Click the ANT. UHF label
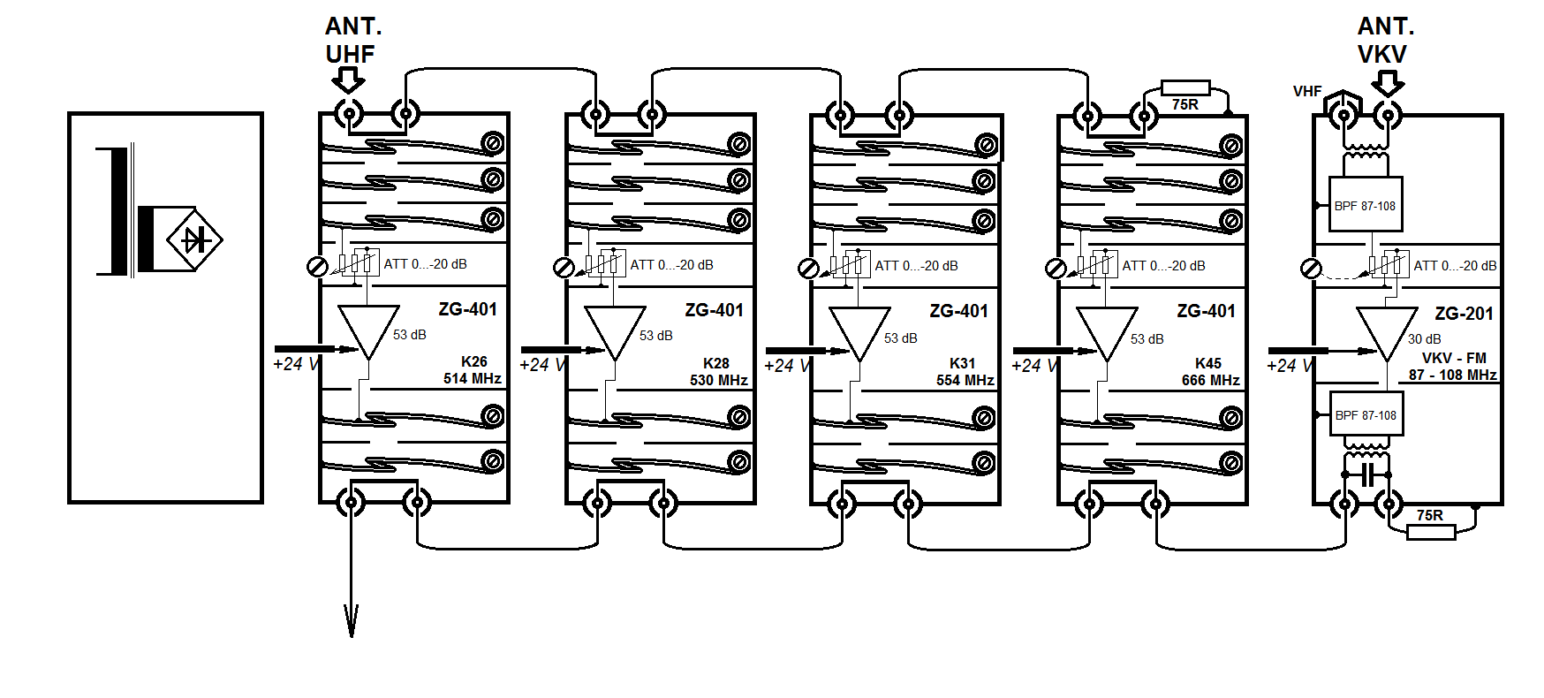coord(352,40)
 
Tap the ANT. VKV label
coord(1385,40)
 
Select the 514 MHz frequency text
coord(472,379)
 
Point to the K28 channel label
coord(716,363)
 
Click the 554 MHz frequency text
coord(965,380)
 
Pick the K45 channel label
coord(1207,363)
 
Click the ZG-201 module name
coord(1464,314)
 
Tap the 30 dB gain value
coord(1424,339)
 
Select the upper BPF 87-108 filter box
coord(1365,205)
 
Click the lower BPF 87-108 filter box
coord(1365,415)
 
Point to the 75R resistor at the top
coord(1185,88)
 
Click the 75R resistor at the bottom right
coord(1430,531)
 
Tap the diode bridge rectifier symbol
coord(194,239)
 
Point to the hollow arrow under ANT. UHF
coord(348,81)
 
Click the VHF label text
coord(1307,91)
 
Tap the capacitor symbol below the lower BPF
coord(1366,474)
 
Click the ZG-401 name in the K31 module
coord(958,311)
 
